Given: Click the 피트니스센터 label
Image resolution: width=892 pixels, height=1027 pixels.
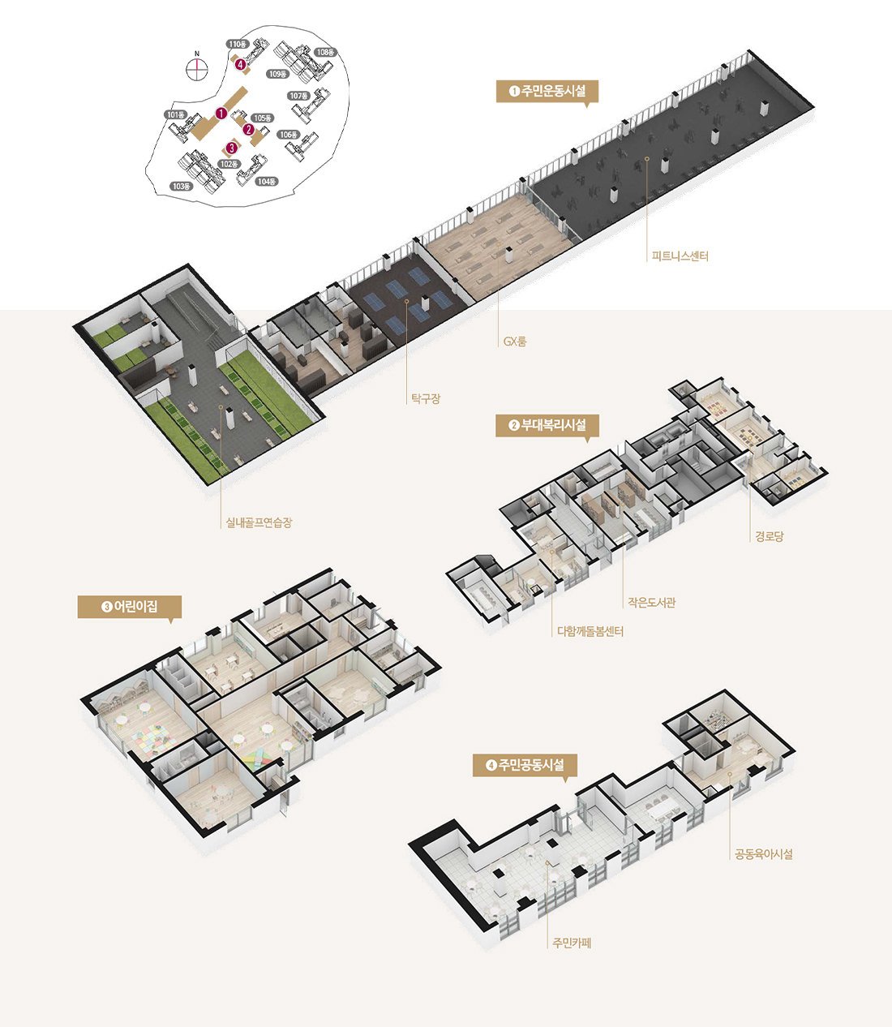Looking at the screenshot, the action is coord(680,256).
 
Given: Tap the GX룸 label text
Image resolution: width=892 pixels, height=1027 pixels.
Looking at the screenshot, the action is coord(515,342).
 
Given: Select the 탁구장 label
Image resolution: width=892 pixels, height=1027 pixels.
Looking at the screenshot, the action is coord(426,399).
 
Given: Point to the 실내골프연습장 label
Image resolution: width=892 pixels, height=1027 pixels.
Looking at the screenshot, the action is coord(259,522).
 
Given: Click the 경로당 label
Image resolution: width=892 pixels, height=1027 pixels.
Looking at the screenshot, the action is coord(769,536).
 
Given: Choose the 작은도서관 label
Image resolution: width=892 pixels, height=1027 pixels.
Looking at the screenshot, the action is coord(651,602).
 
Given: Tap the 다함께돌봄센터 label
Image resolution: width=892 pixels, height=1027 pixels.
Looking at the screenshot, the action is coord(590,631).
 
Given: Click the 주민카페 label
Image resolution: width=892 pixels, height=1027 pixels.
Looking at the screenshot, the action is coord(572,943).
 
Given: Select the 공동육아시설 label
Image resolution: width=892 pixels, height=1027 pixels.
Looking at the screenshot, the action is coord(764,854).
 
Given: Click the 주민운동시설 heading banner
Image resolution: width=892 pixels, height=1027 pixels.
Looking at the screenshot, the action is coord(547,92).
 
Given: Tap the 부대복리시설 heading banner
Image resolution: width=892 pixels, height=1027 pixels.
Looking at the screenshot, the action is coord(547,425).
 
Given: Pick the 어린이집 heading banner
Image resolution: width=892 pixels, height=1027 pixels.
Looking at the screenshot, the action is coord(129,607).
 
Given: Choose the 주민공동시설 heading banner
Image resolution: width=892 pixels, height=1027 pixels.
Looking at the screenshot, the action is coord(525,765).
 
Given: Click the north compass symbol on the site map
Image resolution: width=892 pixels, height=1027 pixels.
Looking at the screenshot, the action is coord(197,68).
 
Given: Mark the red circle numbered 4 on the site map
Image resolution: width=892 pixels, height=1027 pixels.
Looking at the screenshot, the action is coord(242,64).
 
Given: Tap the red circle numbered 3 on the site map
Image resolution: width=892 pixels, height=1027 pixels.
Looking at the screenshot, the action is coord(231,148).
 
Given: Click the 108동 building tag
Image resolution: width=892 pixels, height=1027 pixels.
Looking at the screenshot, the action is coord(325,52).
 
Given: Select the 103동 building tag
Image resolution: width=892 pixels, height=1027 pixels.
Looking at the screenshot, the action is coord(181,187).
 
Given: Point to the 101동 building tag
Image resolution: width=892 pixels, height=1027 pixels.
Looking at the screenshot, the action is coord(176,115).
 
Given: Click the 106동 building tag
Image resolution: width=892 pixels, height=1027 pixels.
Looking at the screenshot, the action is coord(289,135).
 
